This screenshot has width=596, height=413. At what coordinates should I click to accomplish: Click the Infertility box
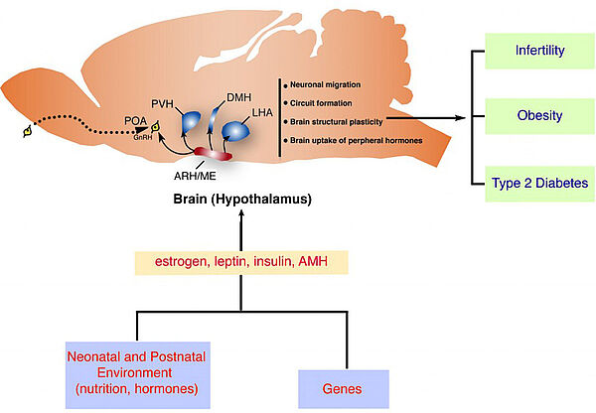539,50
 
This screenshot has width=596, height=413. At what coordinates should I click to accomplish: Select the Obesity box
539,116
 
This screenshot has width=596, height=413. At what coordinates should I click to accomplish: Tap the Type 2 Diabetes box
539,183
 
